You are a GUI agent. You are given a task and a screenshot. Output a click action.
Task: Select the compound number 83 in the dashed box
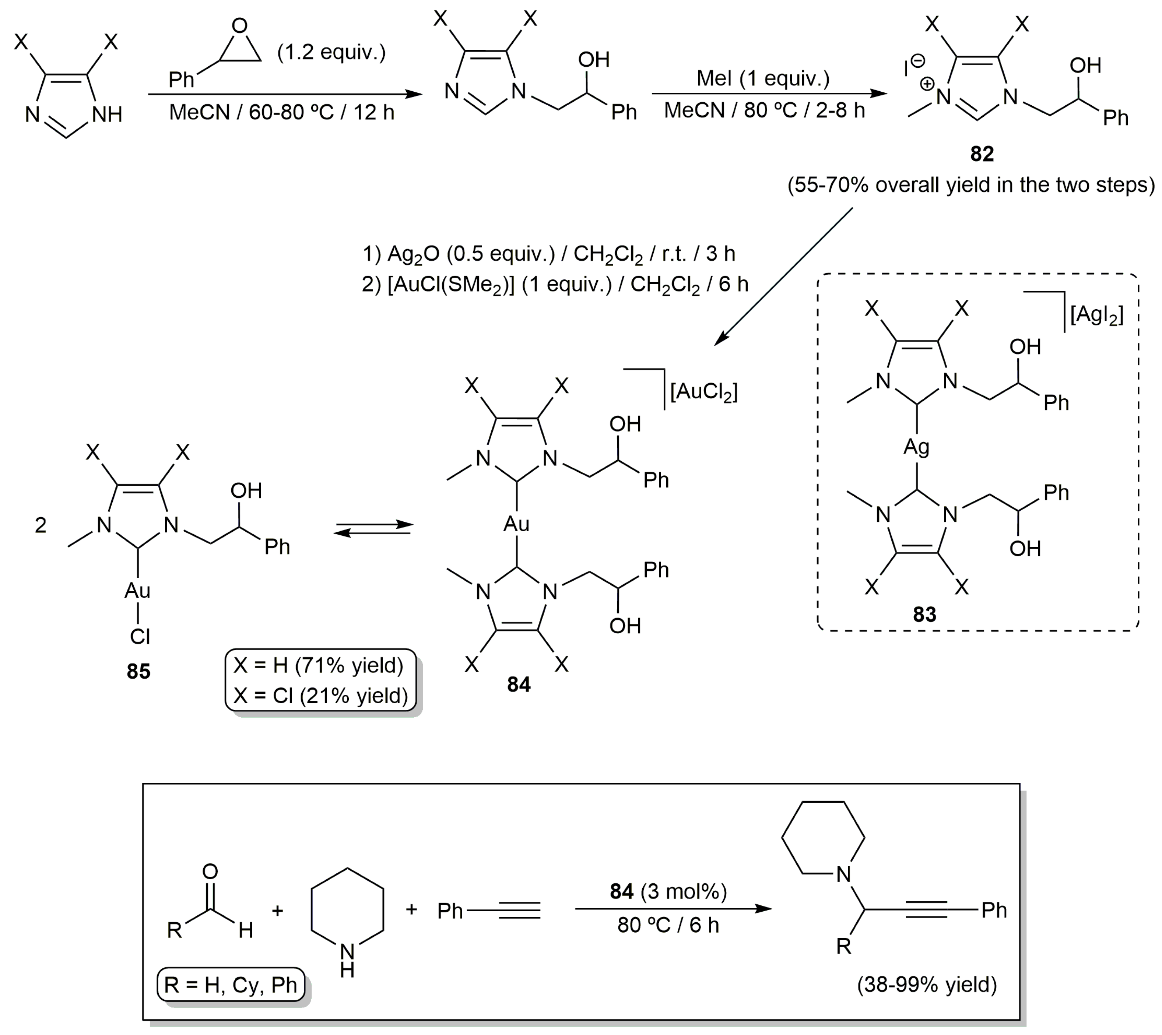[x=924, y=614]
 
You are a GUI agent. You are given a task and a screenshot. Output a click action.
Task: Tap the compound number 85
[x=138, y=672]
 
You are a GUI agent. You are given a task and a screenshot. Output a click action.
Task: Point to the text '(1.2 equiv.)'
[x=331, y=52]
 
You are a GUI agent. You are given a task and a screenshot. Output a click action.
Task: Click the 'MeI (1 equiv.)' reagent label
[x=763, y=78]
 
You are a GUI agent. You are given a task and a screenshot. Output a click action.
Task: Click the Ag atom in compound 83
[x=916, y=447]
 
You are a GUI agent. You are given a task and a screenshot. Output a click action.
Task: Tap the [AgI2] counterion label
[x=1096, y=314]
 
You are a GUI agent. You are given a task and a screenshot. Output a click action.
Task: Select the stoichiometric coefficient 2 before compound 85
[x=41, y=525]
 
